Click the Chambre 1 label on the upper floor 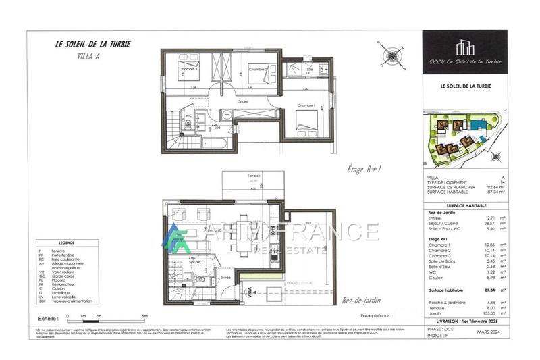(x=307, y=107)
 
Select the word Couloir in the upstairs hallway (x=243, y=102)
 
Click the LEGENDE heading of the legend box (x=67, y=242)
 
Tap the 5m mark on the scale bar (x=144, y=315)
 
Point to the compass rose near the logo (x=391, y=55)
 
